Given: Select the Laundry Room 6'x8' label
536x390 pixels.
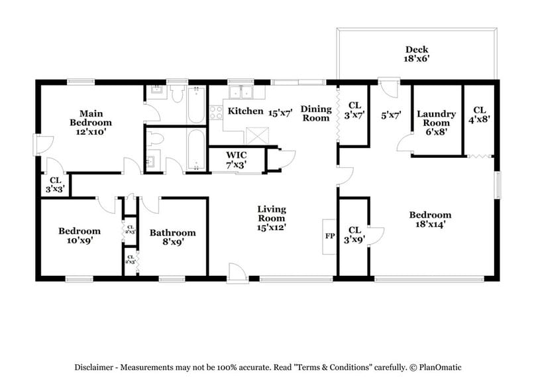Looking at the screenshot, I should click(436, 123).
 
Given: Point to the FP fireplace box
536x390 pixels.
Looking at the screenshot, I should click(329, 236).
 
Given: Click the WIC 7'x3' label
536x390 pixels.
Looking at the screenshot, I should click(237, 161).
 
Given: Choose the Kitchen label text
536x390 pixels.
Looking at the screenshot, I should click(245, 111).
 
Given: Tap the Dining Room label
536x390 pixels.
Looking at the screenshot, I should click(316, 113).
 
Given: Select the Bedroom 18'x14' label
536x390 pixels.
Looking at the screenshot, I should click(430, 220).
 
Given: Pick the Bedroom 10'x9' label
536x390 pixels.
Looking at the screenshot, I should click(80, 236).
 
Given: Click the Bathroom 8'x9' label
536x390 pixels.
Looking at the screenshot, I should click(172, 237).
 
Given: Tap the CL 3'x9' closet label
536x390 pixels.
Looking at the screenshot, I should click(354, 237).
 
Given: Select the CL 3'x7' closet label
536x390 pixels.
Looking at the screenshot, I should click(354, 109).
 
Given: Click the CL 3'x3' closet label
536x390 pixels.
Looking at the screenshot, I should click(54, 184).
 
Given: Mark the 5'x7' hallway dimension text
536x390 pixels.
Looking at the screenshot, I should click(392, 115).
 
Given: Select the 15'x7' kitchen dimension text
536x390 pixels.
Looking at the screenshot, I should click(280, 112).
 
